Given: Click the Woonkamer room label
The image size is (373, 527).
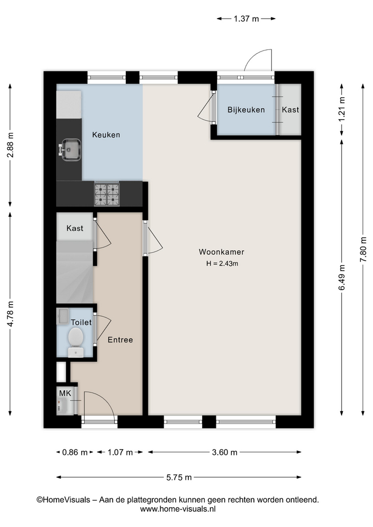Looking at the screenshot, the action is pos(221,252).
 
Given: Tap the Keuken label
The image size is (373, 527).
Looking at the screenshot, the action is pos(106,135).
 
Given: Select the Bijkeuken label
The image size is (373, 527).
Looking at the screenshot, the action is pos(246,110).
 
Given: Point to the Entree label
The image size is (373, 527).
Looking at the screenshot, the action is pos(120,340).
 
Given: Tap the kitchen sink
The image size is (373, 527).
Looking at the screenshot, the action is pos(70,149).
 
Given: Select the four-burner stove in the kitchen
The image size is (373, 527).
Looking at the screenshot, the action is pos(107,194).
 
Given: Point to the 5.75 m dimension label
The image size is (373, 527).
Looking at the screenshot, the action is pos(179,477).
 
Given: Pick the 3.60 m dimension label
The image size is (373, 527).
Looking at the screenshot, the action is pos(224,452).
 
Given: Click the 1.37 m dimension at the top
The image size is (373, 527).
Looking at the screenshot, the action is pos(246,19).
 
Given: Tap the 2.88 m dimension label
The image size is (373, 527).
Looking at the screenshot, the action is pos(10,145).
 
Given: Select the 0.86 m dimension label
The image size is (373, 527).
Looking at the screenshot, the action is pos(75,452).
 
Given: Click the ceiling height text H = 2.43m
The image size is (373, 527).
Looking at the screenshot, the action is pos(222,263).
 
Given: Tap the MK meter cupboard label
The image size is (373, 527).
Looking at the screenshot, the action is pos(65,393).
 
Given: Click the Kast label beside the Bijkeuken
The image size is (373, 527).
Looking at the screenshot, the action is pos(290,110).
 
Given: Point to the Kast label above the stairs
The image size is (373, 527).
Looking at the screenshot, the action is pos(75,228).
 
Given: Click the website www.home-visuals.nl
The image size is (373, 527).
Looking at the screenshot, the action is pos(177,509).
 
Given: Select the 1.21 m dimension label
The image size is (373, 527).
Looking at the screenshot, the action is pos(342,109).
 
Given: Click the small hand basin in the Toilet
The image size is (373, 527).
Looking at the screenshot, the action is pos(63,316).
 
